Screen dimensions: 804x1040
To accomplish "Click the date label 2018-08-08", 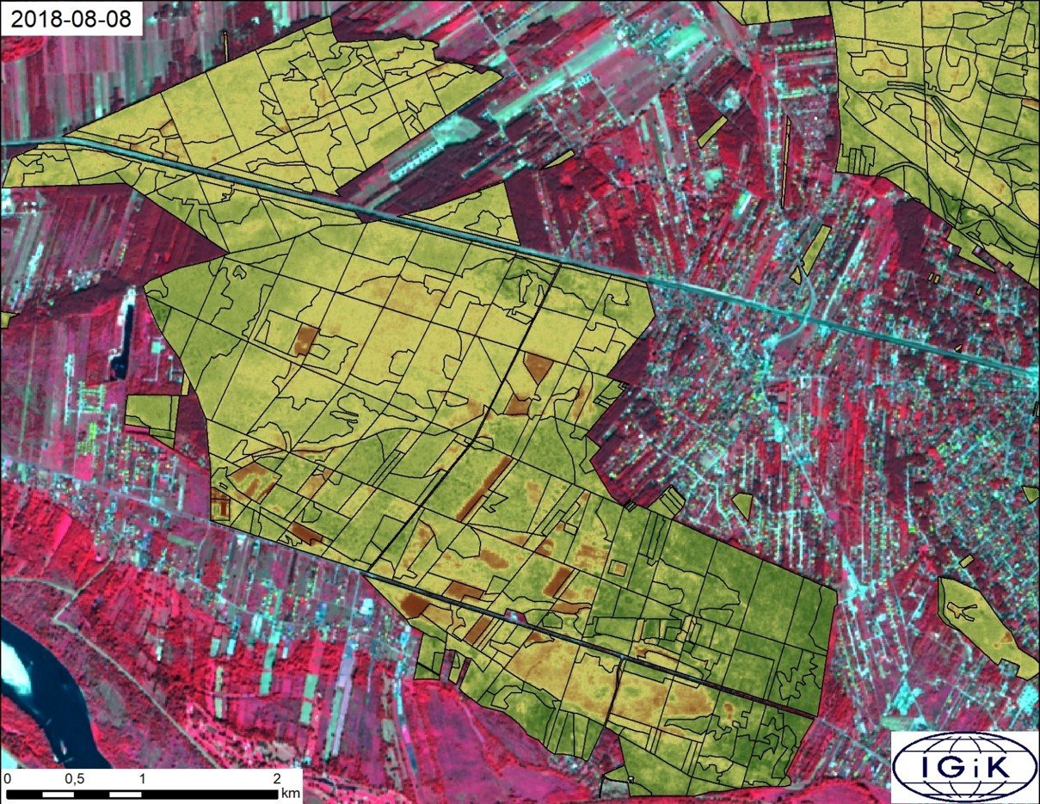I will point(72,20).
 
